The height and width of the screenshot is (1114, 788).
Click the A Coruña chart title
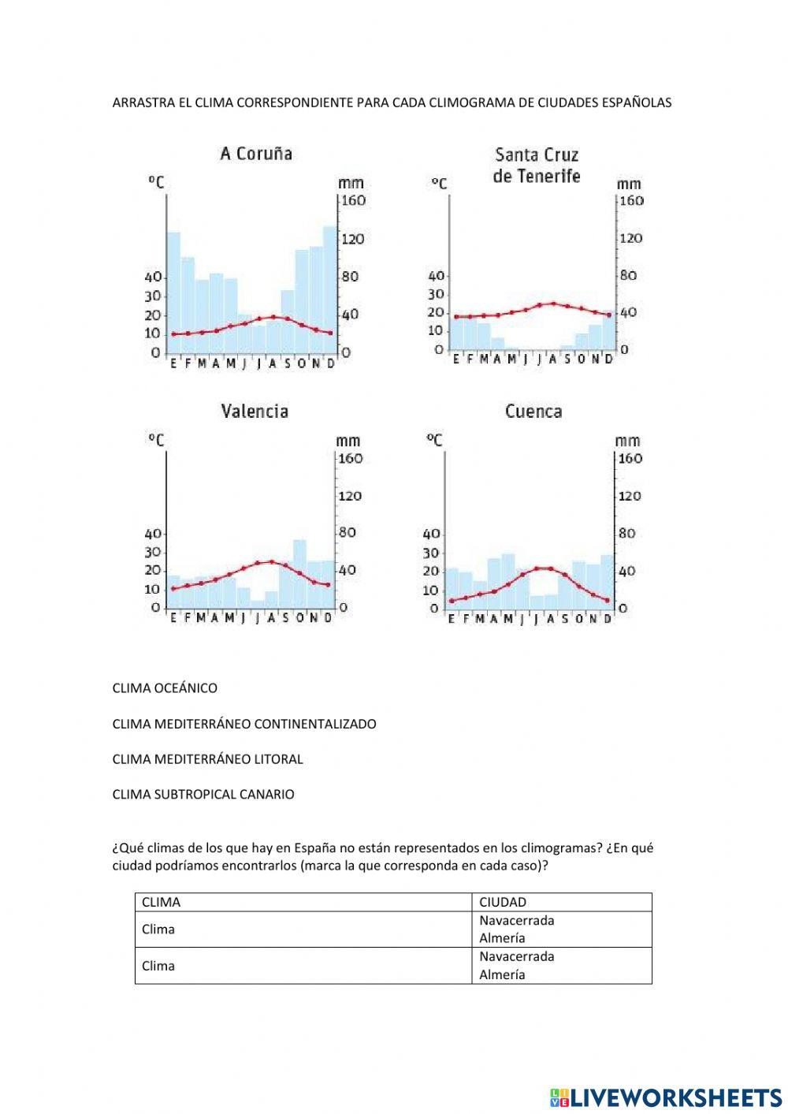255,154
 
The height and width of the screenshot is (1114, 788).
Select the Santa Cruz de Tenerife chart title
537,166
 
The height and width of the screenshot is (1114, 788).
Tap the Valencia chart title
254,411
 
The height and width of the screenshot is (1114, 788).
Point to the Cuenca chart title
533,411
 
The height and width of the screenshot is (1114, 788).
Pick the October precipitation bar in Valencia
300,573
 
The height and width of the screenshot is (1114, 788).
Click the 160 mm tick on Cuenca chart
630,459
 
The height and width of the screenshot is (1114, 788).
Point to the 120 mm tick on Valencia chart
350,496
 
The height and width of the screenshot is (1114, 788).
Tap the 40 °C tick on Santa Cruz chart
436,276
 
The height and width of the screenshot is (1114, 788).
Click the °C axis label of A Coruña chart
156,183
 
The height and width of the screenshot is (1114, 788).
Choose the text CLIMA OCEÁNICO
165,688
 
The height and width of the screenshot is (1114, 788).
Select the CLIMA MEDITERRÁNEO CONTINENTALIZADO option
244,724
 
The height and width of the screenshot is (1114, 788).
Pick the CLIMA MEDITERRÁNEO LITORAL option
207,759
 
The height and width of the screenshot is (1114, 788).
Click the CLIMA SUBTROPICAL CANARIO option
203,795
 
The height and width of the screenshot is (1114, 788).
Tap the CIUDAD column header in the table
503,902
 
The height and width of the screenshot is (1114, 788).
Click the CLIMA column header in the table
161,902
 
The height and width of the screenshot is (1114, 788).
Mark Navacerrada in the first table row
516,920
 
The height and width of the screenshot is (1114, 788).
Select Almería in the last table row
502,974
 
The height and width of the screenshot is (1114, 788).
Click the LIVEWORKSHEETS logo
666,1097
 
